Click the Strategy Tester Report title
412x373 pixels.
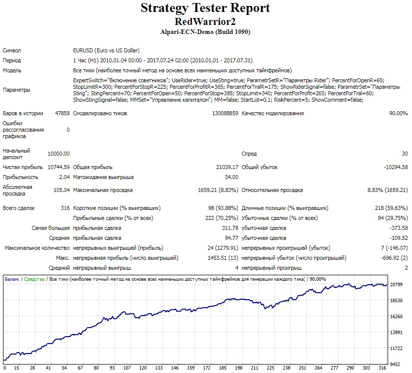pyautogui.click(x=205, y=8)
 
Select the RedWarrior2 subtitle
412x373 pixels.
pyautogui.click(x=205, y=21)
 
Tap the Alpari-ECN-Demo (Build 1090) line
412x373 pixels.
pyautogui.click(x=205, y=32)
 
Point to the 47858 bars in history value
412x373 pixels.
pyautogui.click(x=62, y=113)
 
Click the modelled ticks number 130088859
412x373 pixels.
pyautogui.click(x=225, y=113)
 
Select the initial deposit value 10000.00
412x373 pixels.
pyautogui.click(x=58, y=154)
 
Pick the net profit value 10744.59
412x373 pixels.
pyautogui.click(x=58, y=167)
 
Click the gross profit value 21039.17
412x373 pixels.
pyautogui.click(x=227, y=167)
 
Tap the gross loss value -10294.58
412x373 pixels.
pyautogui.click(x=396, y=167)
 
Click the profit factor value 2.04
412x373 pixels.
pyautogui.click(x=64, y=177)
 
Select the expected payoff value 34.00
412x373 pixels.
pyautogui.click(x=231, y=177)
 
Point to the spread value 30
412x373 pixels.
pyautogui.click(x=405, y=154)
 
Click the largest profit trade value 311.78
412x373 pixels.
pyautogui.click(x=230, y=228)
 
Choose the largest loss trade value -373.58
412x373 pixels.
pyautogui.click(x=399, y=228)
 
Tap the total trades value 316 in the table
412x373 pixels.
pyautogui.click(x=65, y=208)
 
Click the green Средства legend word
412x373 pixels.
pyautogui.click(x=34, y=279)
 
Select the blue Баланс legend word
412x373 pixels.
pyautogui.click(x=12, y=279)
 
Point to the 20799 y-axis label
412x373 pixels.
pyautogui.click(x=396, y=284)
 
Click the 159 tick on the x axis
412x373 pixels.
pyautogui.click(x=191, y=368)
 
